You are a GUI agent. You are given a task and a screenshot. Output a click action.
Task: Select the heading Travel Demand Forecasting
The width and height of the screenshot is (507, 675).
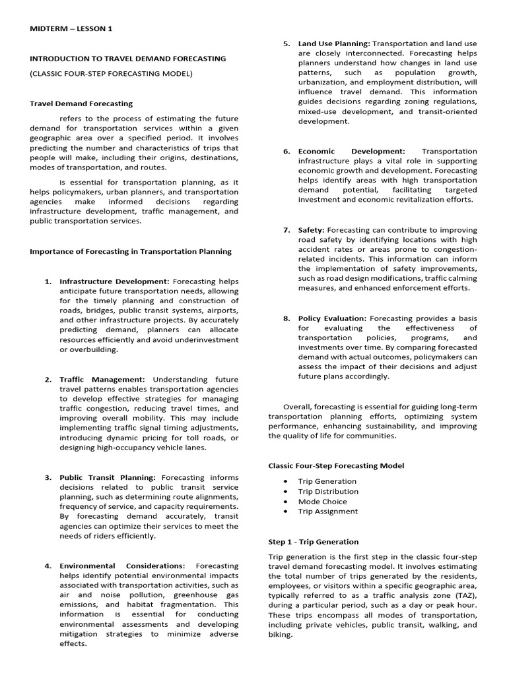coord(82,103)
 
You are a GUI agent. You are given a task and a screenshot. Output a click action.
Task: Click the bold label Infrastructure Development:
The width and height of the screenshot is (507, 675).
coord(114,281)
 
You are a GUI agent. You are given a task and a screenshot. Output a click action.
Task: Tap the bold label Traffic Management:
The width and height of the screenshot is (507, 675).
coord(102,379)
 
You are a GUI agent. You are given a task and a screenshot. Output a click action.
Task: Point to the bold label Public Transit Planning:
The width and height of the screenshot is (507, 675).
coord(108,477)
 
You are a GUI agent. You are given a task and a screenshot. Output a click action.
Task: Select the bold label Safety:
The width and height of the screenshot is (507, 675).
coord(311,229)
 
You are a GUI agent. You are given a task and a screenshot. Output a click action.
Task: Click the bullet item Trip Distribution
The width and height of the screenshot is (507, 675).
coord(328,491)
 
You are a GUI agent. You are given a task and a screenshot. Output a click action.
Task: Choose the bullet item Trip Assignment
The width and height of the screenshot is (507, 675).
coord(327,511)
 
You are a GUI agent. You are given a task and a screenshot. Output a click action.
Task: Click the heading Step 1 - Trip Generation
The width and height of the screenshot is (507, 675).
coord(314,542)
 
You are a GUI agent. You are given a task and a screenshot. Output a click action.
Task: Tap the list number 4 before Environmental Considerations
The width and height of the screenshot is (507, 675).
coord(48,566)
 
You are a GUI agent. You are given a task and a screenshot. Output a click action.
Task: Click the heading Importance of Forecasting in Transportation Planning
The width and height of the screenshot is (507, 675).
coord(131,251)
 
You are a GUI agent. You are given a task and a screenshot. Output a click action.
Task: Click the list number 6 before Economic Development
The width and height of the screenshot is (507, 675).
coord(287,151)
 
